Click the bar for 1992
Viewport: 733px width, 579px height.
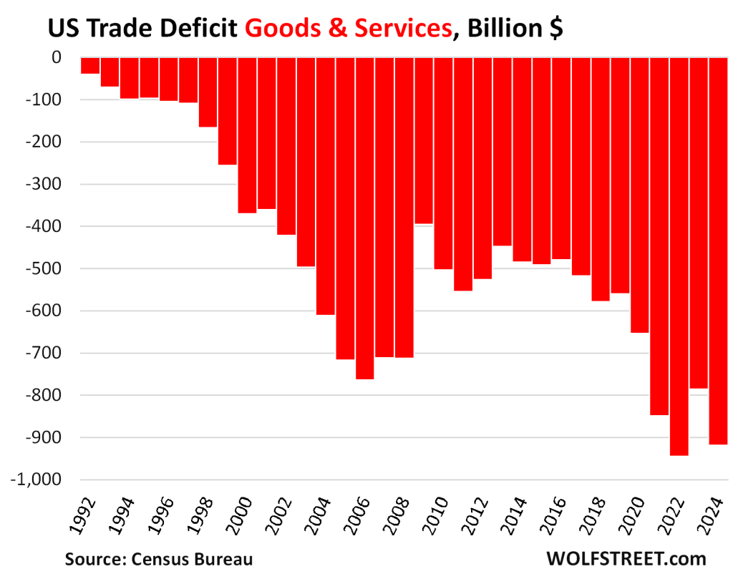(x=90, y=65)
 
